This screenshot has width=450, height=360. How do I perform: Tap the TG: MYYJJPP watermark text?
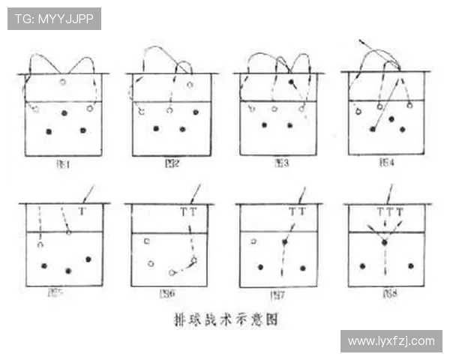(x=54, y=19)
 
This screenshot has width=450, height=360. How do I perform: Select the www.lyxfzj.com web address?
(x=391, y=341)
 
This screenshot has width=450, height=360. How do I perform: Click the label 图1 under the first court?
(x=63, y=163)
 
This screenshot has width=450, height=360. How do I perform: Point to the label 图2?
(x=170, y=163)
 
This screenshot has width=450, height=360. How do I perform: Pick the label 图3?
(x=281, y=163)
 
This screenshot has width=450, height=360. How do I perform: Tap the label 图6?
(x=167, y=294)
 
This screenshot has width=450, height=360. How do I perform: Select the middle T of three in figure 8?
(x=389, y=212)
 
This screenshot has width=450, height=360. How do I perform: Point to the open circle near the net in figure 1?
(x=63, y=81)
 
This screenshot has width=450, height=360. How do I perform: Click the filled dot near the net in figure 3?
(x=291, y=81)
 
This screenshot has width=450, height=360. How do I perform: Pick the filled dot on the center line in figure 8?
(x=385, y=242)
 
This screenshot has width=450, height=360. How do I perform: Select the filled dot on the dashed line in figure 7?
(x=285, y=241)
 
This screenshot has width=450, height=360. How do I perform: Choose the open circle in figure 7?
(x=254, y=241)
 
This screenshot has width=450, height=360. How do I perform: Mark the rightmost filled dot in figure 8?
(x=410, y=265)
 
